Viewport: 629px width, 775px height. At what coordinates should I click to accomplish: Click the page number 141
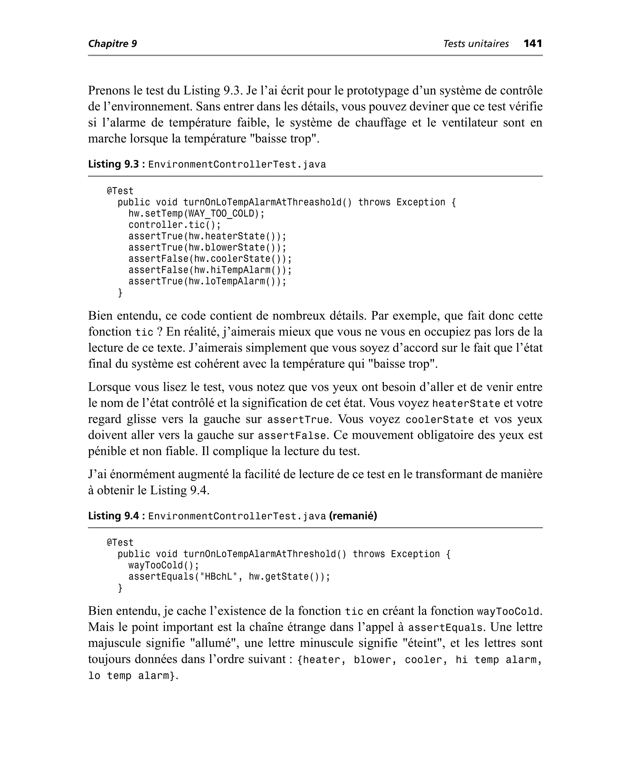point(533,44)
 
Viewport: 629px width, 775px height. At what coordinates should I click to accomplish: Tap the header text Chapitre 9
point(112,44)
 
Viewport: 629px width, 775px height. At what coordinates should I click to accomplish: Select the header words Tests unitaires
point(476,44)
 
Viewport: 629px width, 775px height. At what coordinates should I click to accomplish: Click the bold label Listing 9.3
point(113,164)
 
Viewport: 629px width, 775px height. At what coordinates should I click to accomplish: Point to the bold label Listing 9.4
point(113,516)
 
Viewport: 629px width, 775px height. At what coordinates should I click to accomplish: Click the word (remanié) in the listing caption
point(353,516)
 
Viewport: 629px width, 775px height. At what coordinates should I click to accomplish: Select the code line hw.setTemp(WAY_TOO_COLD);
point(196,214)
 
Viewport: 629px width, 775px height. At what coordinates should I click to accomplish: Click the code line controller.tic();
point(174,225)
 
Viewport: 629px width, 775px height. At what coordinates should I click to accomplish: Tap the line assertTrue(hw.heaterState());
point(207,236)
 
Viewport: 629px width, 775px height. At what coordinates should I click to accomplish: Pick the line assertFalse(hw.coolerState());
point(210,259)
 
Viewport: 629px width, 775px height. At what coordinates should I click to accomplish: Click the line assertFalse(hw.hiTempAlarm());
point(210,270)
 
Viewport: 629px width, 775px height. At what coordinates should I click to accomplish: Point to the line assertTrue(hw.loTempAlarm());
point(207,281)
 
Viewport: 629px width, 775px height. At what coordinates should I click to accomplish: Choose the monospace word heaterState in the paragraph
point(466,403)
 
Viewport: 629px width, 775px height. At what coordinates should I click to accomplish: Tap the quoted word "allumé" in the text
point(214,643)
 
